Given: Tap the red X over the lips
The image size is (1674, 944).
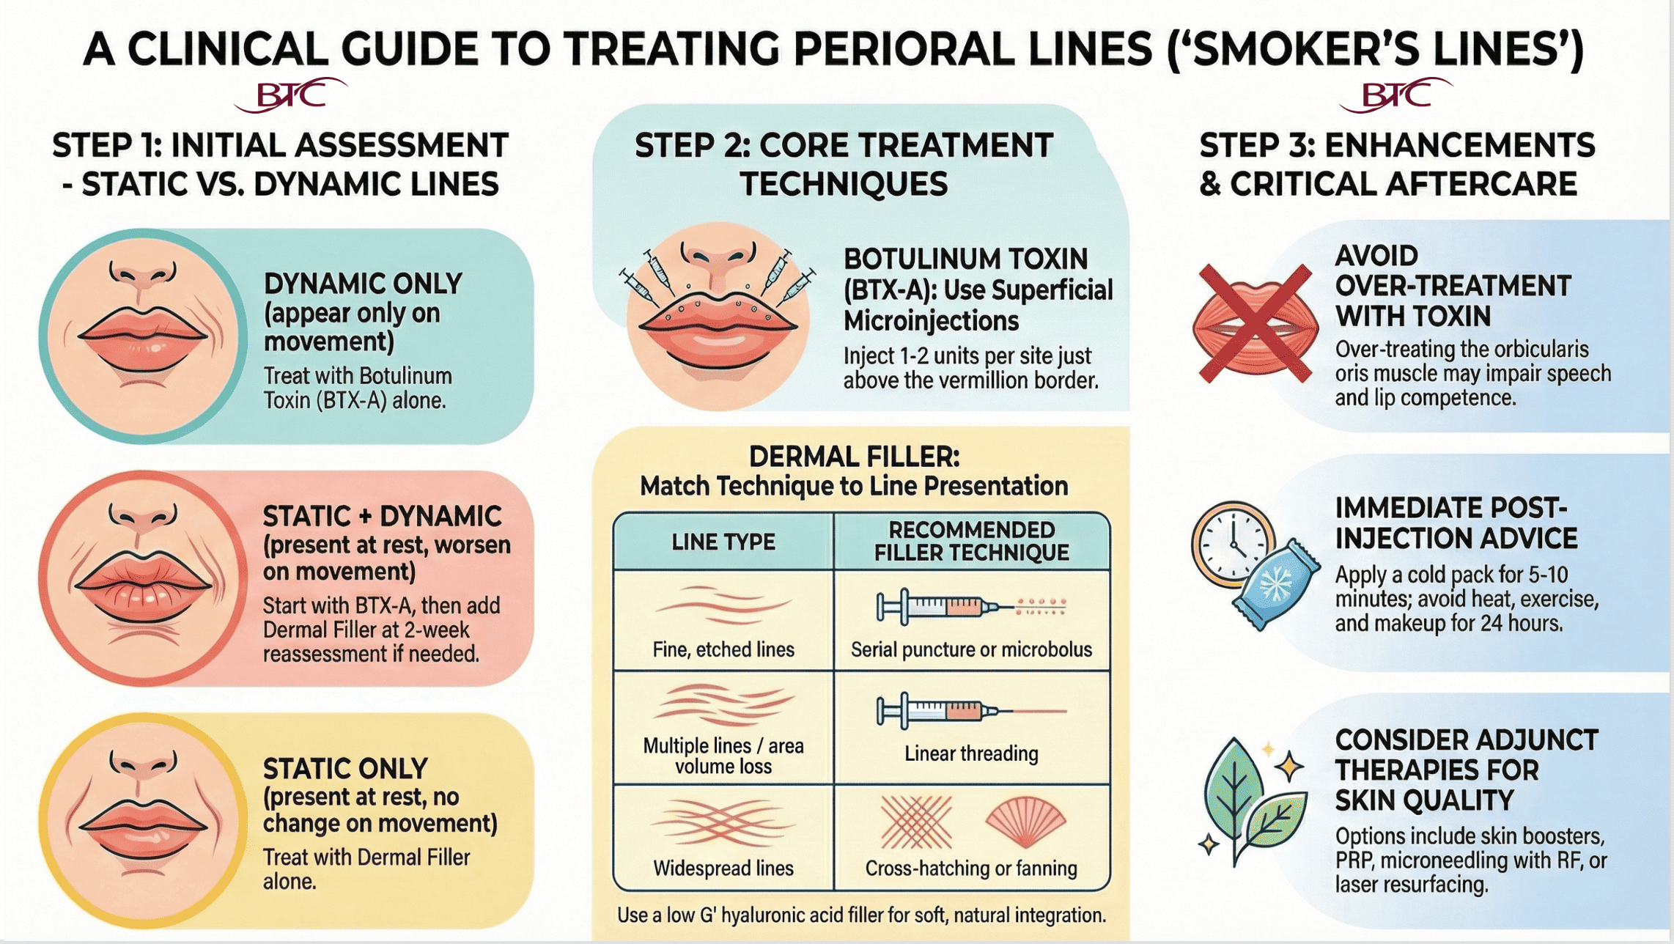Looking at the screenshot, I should tap(1255, 323).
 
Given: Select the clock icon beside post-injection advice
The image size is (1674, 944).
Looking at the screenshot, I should tap(1231, 544).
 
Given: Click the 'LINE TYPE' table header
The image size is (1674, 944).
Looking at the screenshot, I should tap(723, 542).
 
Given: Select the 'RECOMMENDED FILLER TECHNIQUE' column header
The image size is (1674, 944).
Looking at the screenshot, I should tap(971, 541).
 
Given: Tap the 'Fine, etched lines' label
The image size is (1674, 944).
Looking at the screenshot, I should tap(723, 649).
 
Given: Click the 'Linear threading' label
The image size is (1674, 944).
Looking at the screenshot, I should tap(971, 753).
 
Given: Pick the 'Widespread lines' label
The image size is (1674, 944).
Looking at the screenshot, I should tap(723, 869).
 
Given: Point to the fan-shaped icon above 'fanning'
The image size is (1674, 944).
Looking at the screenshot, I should tap(1025, 822).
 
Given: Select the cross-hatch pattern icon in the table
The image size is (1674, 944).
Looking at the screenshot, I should tap(916, 822).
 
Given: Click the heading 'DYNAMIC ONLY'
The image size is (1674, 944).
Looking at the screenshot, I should tap(363, 284).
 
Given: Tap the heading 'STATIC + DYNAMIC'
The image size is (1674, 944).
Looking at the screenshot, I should tap(382, 517).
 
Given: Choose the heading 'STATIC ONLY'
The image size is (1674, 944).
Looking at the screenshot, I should tap(344, 769).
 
